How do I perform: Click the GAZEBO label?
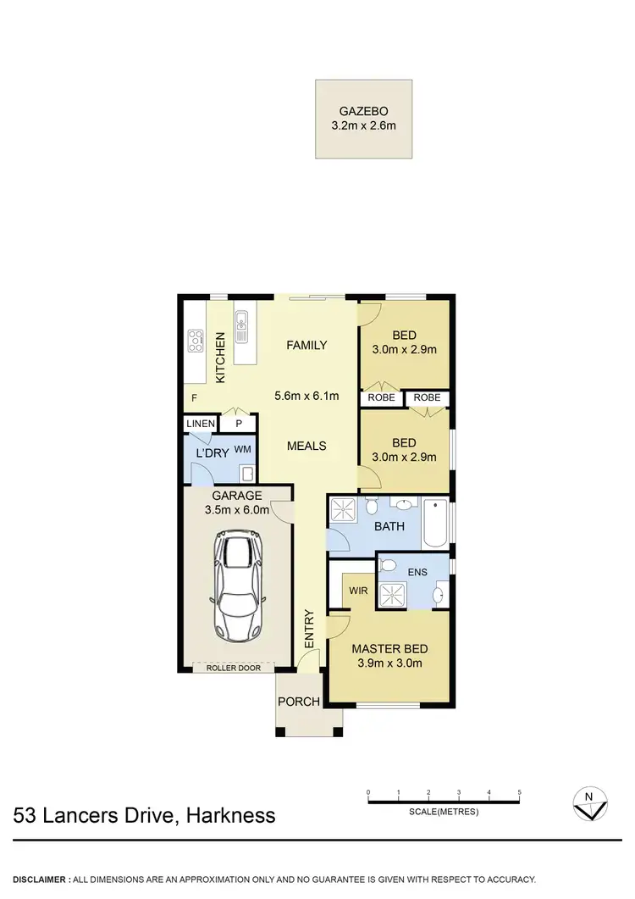364,111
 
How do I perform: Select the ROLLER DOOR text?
234,668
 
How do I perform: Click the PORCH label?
298,702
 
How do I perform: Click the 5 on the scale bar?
519,793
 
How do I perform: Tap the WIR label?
358,591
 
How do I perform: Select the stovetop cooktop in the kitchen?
195,340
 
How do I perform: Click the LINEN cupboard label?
200,424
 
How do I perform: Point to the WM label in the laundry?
242,449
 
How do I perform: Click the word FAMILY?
306,345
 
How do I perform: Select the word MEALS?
306,446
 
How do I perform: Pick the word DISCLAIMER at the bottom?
41,879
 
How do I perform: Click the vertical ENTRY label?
309,630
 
